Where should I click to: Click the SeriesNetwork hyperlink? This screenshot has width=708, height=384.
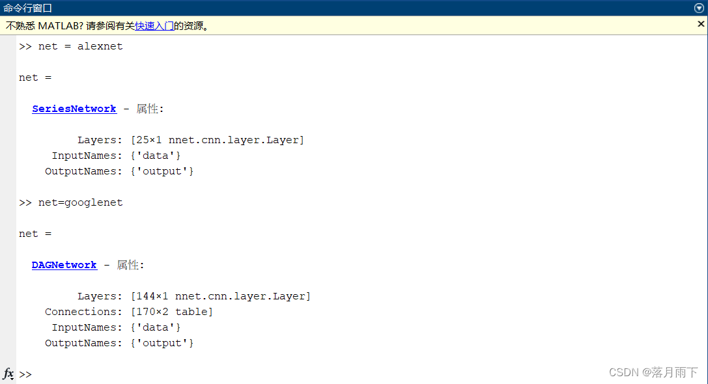pyautogui.click(x=74, y=109)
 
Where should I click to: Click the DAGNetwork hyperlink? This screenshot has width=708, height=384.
pyautogui.click(x=64, y=265)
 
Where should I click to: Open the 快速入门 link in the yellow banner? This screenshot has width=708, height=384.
pyautogui.click(x=154, y=26)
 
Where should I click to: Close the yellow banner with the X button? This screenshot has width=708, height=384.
pyautogui.click(x=701, y=24)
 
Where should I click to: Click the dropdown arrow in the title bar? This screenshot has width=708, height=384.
pyautogui.click(x=699, y=8)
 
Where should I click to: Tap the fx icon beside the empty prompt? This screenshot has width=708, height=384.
pyautogui.click(x=8, y=374)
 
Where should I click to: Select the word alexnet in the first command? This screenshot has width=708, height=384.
pyautogui.click(x=100, y=46)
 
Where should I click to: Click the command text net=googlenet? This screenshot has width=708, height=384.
pyautogui.click(x=80, y=202)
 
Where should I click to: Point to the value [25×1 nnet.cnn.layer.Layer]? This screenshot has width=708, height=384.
pyautogui.click(x=217, y=140)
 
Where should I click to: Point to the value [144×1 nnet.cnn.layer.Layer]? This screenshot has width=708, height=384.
pyautogui.click(x=220, y=296)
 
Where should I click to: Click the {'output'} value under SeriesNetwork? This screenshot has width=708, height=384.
pyautogui.click(x=162, y=171)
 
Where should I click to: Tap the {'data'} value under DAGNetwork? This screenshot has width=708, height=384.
pyautogui.click(x=155, y=327)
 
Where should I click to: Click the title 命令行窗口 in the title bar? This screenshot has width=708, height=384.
pyautogui.click(x=27, y=8)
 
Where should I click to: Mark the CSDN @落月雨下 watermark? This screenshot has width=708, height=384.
pyautogui.click(x=653, y=372)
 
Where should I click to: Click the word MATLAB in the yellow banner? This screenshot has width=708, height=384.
pyautogui.click(x=60, y=26)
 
